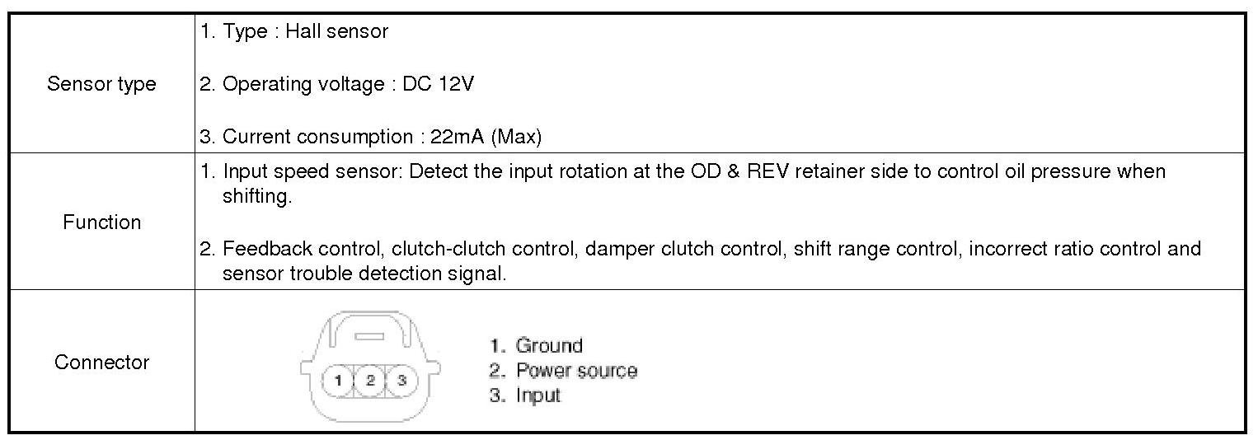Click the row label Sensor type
tap(101, 84)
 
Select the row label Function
tap(101, 222)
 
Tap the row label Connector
tap(101, 363)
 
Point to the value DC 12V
tap(438, 84)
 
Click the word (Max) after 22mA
tap(516, 137)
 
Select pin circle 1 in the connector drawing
tap(339, 381)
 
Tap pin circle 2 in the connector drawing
tap(371, 381)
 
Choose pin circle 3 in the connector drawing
tap(402, 381)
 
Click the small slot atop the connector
tap(370, 336)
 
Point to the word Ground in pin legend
tap(549, 346)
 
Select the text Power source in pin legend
tap(576, 371)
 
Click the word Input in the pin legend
tap(538, 396)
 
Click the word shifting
tap(256, 198)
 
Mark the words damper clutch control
tap(683, 249)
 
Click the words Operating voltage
tap(302, 84)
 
